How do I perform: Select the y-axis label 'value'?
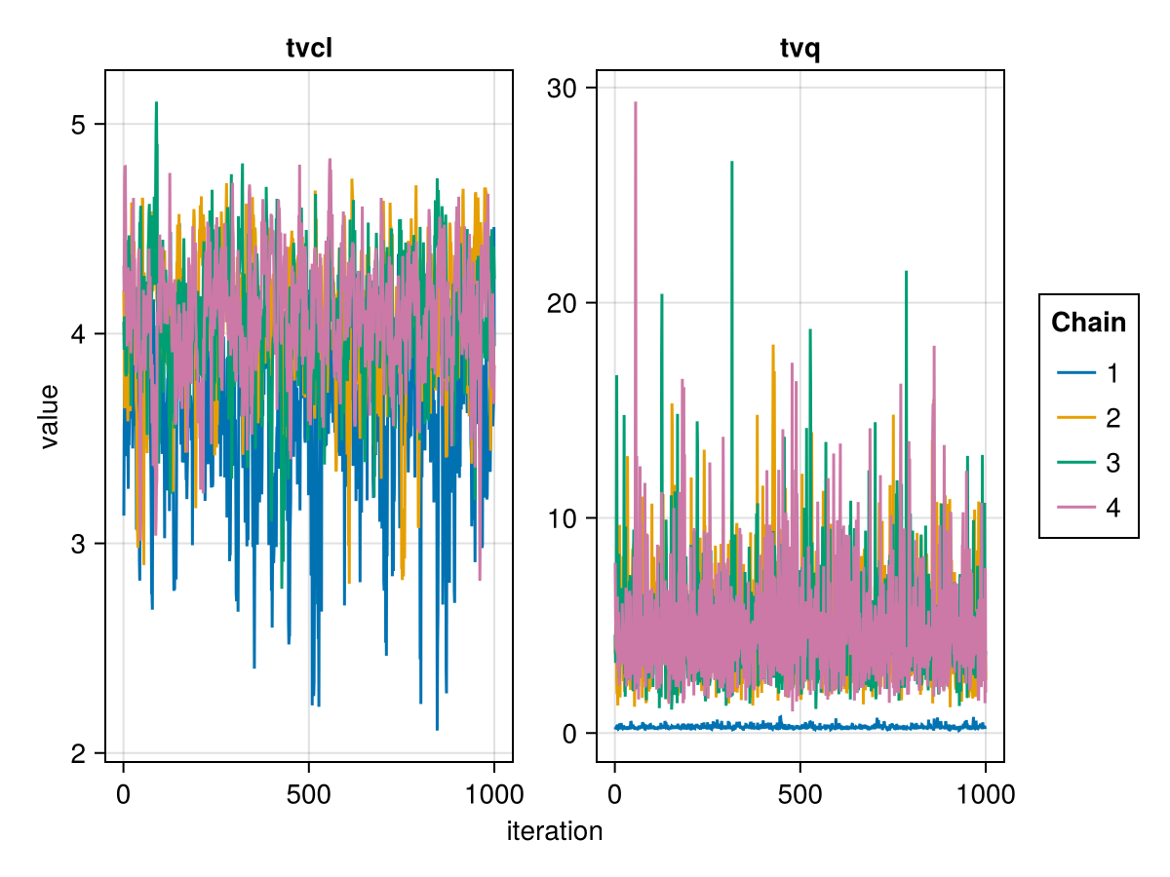pyautogui.click(x=49, y=416)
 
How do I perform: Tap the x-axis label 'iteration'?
pyautogui.click(x=554, y=831)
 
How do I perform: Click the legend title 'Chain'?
pyautogui.click(x=1088, y=323)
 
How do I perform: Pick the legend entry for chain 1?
pyautogui.click(x=1088, y=373)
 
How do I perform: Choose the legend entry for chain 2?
pyautogui.click(x=1088, y=418)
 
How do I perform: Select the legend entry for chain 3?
pyautogui.click(x=1088, y=463)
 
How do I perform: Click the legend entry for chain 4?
pyautogui.click(x=1088, y=508)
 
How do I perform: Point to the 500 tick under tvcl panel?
pyautogui.click(x=309, y=794)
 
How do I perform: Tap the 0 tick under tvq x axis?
pyautogui.click(x=614, y=794)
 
